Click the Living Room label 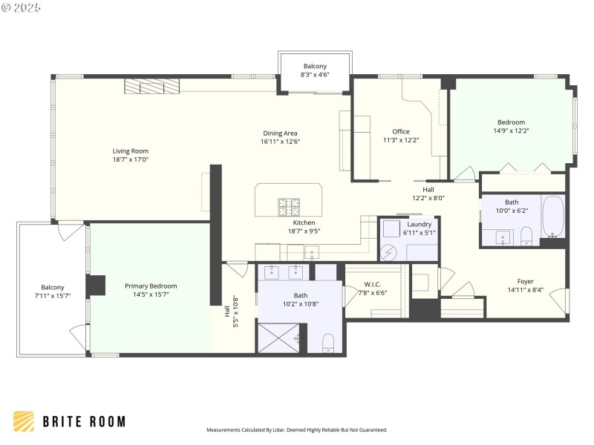131,151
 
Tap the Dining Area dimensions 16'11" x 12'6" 280,142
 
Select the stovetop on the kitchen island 289,205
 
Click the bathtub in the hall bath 553,217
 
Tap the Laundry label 420,224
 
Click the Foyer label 526,281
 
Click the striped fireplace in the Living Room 151,88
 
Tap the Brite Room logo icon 23,421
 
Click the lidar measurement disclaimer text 296,429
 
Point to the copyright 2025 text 22,7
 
